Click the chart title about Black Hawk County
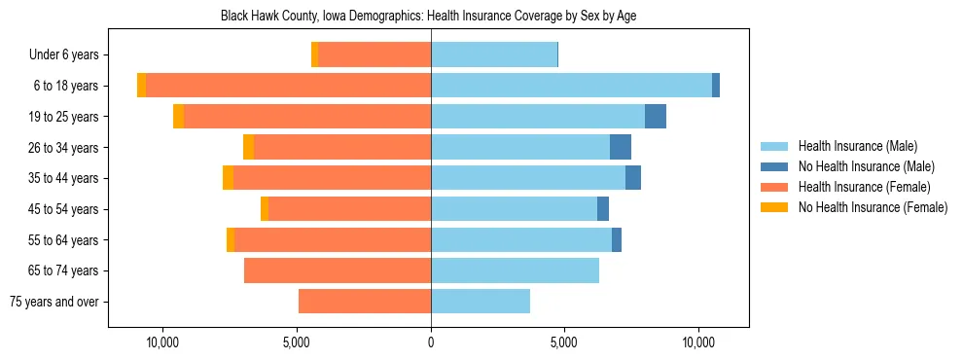[x=428, y=17]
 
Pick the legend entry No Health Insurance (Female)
[x=873, y=207]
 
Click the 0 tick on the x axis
[x=431, y=343]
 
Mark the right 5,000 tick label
[x=564, y=343]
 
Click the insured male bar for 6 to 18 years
[x=571, y=86]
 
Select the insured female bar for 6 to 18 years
[x=288, y=86]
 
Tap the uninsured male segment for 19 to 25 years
[x=656, y=117]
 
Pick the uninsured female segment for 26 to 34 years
[x=248, y=147]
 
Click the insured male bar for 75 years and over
[x=481, y=302]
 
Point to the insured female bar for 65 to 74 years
[x=338, y=270]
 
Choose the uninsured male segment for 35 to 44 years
[x=633, y=178]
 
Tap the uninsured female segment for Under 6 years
[x=314, y=54]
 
